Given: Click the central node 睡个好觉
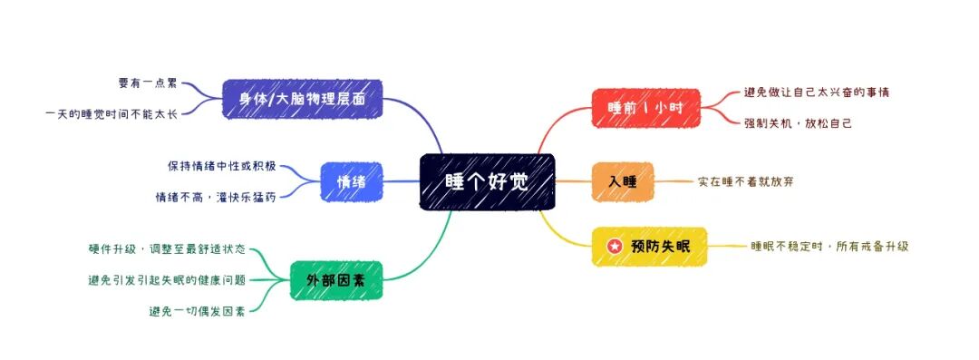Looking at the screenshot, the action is pos(487,181).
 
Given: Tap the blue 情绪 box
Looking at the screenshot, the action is pos(351,181).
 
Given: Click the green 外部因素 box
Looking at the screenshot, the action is pos(336,279).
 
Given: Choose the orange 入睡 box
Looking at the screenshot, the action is pos(622,181).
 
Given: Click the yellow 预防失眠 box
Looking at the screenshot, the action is pos(649,247).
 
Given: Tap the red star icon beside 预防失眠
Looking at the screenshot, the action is pos(615,247).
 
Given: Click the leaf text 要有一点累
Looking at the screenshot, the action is pos(147,83).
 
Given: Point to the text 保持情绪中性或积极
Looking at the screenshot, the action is pos(221,166).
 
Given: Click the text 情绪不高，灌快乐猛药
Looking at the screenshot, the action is pos(216,196).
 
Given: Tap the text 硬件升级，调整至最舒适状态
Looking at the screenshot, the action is pos(167,248).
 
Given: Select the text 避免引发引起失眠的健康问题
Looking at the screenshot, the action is pos(167,279).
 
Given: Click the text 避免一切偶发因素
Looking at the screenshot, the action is pos(197,311).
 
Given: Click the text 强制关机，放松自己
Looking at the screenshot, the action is pos(798,122).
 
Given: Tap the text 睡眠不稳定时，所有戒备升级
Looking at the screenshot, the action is pos(829,246).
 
